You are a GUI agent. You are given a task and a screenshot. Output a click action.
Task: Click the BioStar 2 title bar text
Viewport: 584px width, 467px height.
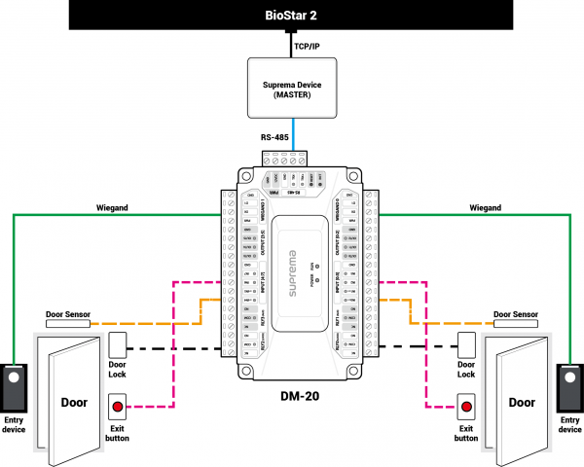pos(291,16)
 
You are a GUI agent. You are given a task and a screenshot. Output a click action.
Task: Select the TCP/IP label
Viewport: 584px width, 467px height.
pos(309,45)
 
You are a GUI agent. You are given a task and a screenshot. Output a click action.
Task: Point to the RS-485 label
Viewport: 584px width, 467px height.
pos(274,137)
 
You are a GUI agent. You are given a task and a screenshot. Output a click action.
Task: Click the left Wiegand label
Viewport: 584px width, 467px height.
pos(115,207)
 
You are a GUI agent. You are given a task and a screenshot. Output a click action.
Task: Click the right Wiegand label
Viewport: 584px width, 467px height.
pos(485,207)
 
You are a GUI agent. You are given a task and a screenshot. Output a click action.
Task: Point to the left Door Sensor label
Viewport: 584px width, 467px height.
pos(69,314)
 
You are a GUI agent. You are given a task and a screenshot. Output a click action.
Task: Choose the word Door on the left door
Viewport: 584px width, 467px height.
pos(74,402)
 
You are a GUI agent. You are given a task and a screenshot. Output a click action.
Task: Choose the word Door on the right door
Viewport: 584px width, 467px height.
pos(522,402)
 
